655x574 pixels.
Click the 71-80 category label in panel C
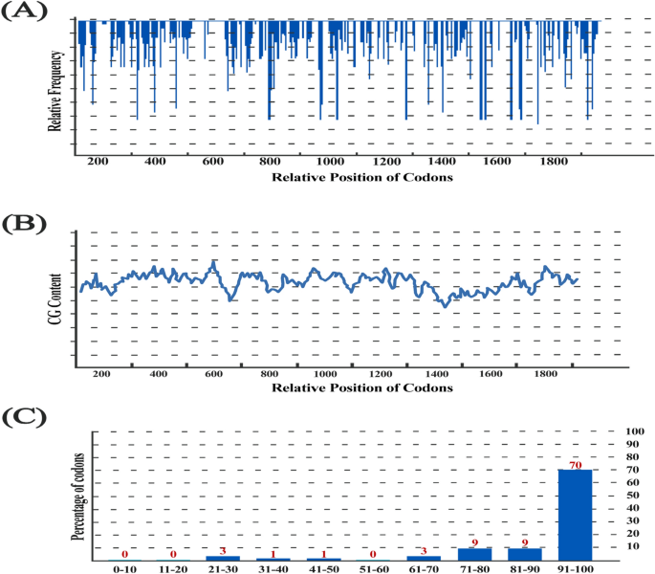tap(474, 568)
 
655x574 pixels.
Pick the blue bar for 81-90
tap(525, 554)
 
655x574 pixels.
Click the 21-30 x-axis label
tap(223, 568)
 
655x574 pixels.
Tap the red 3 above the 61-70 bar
tap(424, 550)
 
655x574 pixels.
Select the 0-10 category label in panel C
tap(123, 568)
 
